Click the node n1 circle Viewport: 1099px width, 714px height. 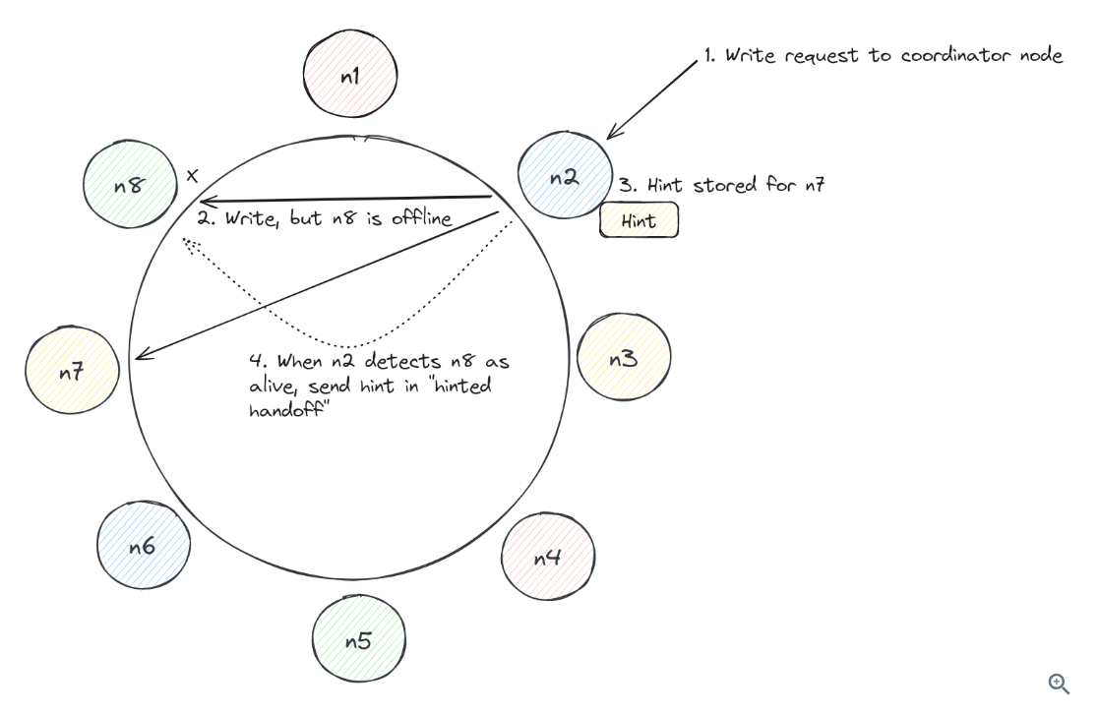click(350, 77)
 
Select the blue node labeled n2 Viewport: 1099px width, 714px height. click(564, 178)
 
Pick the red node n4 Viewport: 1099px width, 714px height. click(547, 558)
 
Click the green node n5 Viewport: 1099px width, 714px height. click(358, 641)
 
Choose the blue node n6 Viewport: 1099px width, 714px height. click(143, 547)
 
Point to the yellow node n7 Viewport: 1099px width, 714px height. click(72, 372)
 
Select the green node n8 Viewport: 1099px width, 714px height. click(128, 184)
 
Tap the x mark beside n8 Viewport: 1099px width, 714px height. click(192, 176)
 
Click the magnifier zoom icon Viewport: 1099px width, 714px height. click(1059, 684)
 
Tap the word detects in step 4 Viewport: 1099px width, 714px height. click(390, 363)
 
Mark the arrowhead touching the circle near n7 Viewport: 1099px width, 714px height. click(141, 355)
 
